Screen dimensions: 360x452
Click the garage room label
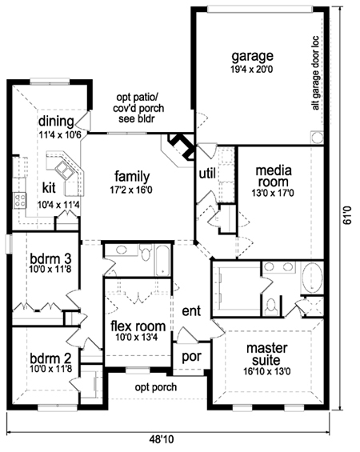tap(253, 57)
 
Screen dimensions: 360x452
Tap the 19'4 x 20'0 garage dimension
tap(252, 70)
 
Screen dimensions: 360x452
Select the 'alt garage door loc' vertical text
tap(316, 73)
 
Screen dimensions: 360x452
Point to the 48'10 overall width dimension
tap(162, 440)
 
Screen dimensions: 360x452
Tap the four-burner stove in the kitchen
tap(20, 200)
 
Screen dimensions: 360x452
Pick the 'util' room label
tap(207, 174)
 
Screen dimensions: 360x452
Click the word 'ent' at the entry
tap(191, 311)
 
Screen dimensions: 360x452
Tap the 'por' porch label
tap(191, 358)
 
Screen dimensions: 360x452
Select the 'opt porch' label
tap(156, 387)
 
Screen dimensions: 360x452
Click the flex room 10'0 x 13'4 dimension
tap(137, 337)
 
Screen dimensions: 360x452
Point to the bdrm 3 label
tap(50, 258)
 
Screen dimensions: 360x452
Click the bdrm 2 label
tap(50, 358)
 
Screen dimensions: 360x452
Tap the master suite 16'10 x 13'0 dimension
tap(267, 371)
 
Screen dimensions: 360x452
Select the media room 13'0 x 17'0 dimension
tap(273, 193)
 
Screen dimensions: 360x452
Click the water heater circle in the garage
tap(317, 137)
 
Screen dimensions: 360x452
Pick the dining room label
tap(56, 122)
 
